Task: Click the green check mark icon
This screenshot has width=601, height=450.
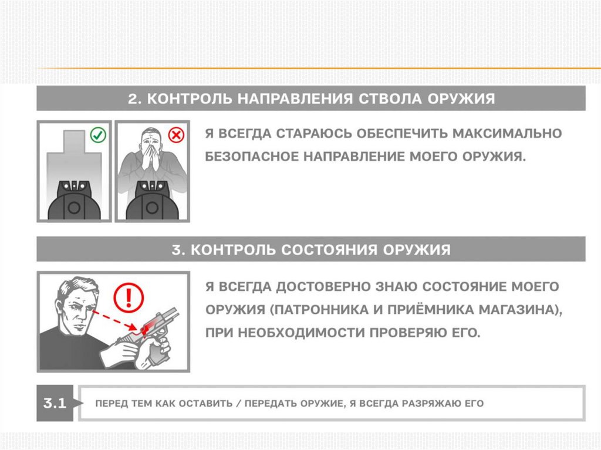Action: coord(98,135)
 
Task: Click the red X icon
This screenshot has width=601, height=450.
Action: coord(176,135)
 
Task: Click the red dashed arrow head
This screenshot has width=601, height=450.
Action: coord(133,327)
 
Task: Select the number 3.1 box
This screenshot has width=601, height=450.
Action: coord(55,403)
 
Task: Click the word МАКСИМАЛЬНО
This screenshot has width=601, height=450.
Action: coord(507,133)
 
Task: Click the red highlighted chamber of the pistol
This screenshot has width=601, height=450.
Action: coord(148,325)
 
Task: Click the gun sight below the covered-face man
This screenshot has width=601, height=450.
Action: coord(152,201)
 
